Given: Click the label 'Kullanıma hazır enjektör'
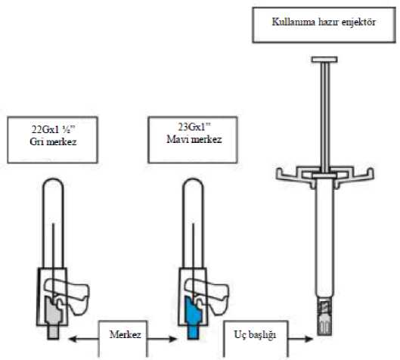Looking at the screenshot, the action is click(x=324, y=22).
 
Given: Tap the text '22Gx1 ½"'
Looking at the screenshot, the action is click(x=53, y=129).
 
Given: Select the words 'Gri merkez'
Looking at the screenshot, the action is click(x=53, y=141).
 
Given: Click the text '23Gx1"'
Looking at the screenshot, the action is click(x=194, y=127).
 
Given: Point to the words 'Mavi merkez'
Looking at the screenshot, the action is click(x=194, y=139).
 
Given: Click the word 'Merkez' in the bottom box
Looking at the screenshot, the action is click(x=125, y=334).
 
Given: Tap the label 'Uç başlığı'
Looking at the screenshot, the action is click(x=255, y=335).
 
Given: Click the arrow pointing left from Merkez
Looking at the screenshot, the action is click(x=84, y=339).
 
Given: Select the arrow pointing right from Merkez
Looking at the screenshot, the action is click(x=163, y=339).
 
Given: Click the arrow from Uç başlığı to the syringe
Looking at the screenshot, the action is click(x=300, y=339).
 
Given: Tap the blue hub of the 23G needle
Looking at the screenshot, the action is click(x=193, y=318).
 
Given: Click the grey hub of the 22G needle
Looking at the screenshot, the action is click(x=54, y=318).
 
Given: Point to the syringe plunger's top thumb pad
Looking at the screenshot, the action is click(x=324, y=60).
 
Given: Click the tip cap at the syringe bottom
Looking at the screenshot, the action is click(x=324, y=324).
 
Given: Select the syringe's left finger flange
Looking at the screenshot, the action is click(x=293, y=175).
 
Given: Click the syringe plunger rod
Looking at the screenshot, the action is click(x=325, y=117).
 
